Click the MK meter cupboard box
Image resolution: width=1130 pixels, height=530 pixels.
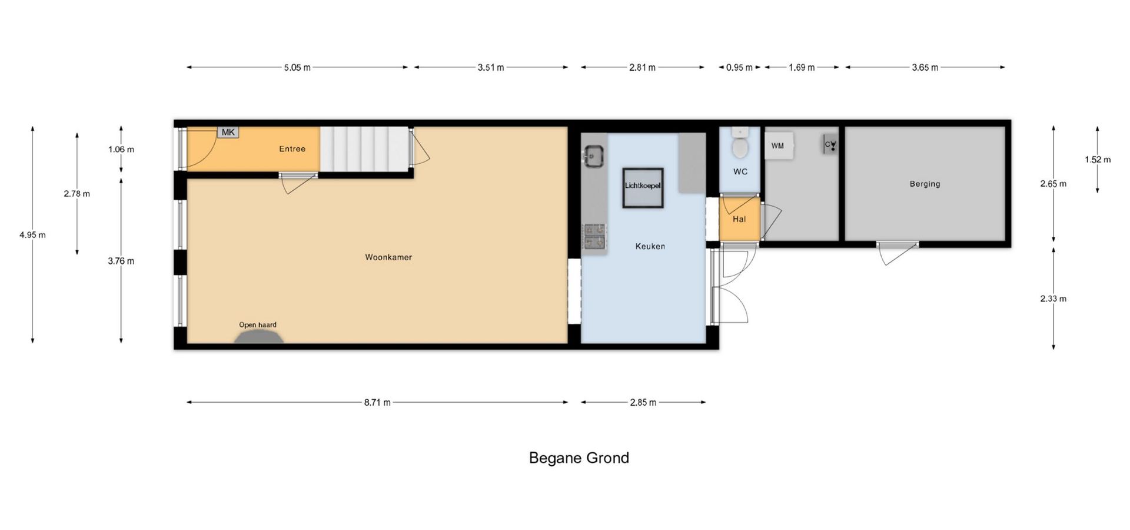(228, 132)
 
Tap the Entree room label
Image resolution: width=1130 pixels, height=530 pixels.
(292, 149)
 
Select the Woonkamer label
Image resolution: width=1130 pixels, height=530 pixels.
(388, 257)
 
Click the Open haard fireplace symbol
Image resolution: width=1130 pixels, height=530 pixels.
(259, 336)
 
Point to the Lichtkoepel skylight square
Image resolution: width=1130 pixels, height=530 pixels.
(643, 187)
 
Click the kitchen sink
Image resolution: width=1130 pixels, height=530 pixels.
(593, 156)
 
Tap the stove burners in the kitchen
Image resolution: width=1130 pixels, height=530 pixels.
(594, 236)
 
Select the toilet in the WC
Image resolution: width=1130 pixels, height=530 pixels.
(740, 143)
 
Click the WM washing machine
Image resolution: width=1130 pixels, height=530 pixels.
(779, 145)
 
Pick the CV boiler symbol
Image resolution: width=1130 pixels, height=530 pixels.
(830, 144)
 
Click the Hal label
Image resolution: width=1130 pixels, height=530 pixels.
(739, 219)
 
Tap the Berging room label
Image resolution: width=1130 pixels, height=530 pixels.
(925, 184)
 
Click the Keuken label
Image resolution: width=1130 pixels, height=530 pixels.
(650, 246)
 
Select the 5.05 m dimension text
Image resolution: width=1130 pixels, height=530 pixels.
(297, 68)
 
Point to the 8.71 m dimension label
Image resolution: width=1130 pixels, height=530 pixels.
(377, 403)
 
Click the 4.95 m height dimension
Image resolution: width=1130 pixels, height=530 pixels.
(32, 235)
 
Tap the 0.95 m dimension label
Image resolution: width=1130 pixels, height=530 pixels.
(739, 68)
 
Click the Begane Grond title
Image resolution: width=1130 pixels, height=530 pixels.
(579, 458)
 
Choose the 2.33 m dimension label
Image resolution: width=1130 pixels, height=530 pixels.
(1053, 299)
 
